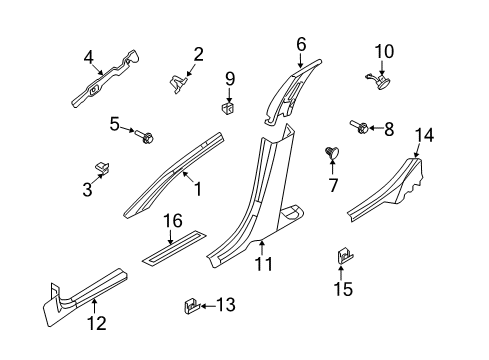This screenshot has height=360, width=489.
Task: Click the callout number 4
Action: pyautogui.click(x=89, y=57)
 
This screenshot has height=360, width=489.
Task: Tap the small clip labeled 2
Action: pyautogui.click(x=177, y=84)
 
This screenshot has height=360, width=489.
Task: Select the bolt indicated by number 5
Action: pyautogui.click(x=144, y=136)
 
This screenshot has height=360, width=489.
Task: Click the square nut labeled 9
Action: pyautogui.click(x=228, y=107)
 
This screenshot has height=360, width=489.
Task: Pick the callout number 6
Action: pyautogui.click(x=301, y=44)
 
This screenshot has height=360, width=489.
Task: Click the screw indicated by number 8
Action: pyautogui.click(x=359, y=127)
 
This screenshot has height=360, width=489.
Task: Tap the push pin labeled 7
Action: pyautogui.click(x=332, y=153)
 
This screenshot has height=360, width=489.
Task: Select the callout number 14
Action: pyautogui.click(x=424, y=136)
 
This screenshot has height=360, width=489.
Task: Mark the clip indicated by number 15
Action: pyautogui.click(x=344, y=256)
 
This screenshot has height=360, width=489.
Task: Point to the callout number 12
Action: pyautogui.click(x=97, y=323)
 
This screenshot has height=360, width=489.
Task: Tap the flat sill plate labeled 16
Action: pyautogui.click(x=174, y=248)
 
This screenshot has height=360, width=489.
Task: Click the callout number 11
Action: pyautogui.click(x=264, y=264)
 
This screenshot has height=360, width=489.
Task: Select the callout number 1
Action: pyautogui.click(x=198, y=189)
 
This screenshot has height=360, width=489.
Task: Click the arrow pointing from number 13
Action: pyautogui.click(x=208, y=305)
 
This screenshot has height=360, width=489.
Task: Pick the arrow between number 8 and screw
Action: pyautogui.click(x=375, y=128)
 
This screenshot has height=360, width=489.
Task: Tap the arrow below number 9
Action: pyautogui.click(x=229, y=95)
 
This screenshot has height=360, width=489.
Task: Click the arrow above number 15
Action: pyautogui.click(x=341, y=272)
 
